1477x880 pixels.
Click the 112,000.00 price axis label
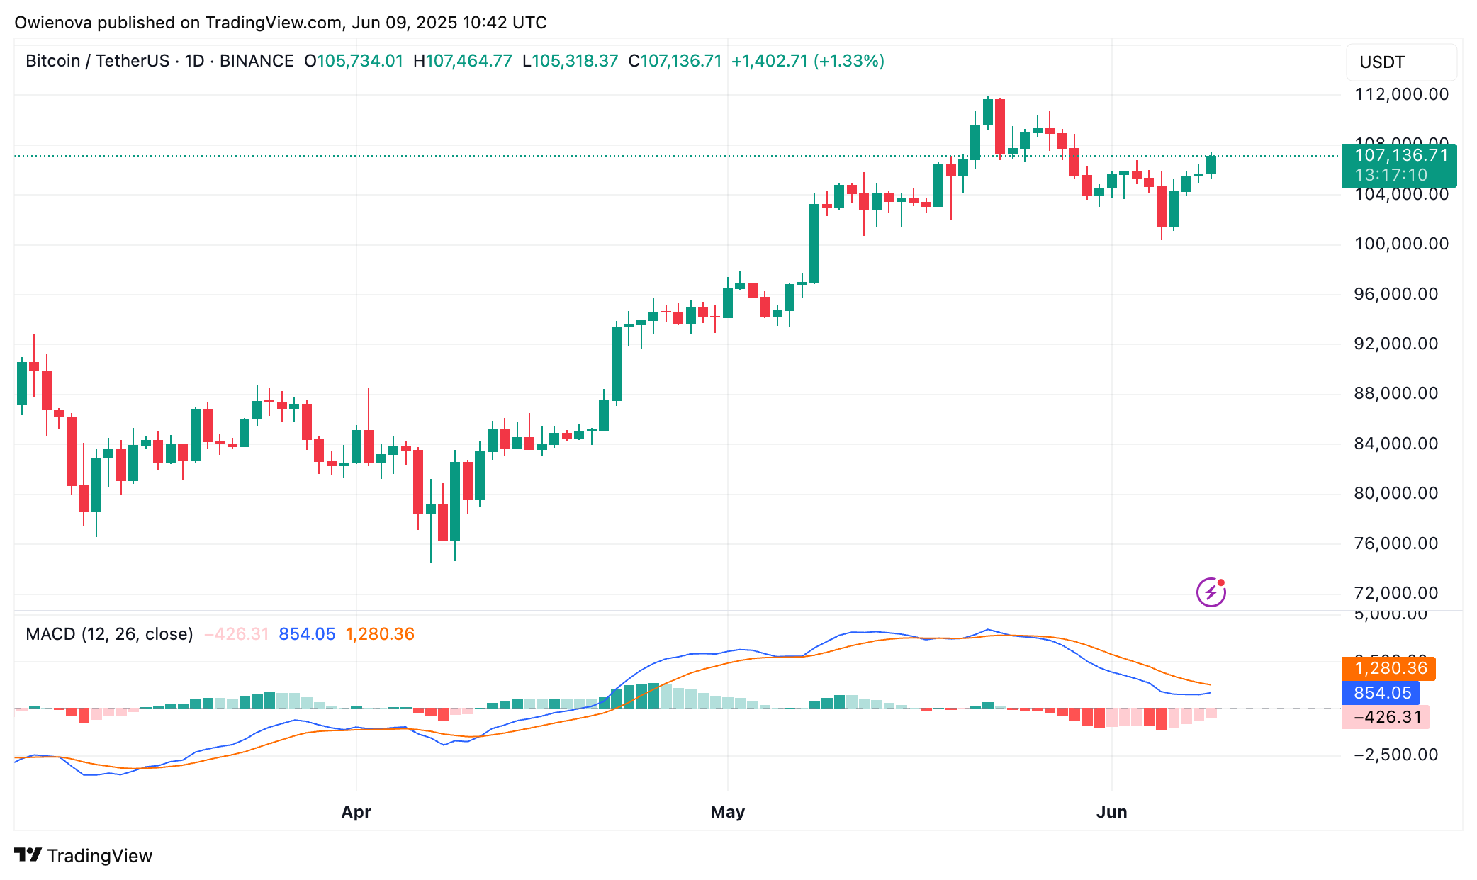point(1401,94)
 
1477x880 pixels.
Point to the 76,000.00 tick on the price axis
point(1395,543)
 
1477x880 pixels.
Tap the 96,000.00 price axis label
point(1395,294)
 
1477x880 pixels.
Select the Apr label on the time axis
point(356,812)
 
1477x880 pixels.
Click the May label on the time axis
point(727,812)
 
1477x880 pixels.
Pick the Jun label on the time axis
point(1111,812)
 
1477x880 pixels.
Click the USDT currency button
point(1381,62)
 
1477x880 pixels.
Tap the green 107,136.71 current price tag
point(1399,165)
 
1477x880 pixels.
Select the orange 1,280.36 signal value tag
point(1388,668)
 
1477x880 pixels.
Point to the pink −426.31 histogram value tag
point(1386,717)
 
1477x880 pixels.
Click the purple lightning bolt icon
point(1211,592)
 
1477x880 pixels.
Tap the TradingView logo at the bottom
point(84,856)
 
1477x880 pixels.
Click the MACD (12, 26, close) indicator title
point(109,634)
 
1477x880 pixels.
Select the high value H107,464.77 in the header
point(462,61)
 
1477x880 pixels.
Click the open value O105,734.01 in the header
point(354,61)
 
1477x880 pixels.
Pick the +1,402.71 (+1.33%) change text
point(807,61)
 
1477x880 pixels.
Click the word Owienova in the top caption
point(53,23)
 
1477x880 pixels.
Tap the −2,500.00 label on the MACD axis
point(1395,755)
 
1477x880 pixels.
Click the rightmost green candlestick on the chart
point(1211,165)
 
